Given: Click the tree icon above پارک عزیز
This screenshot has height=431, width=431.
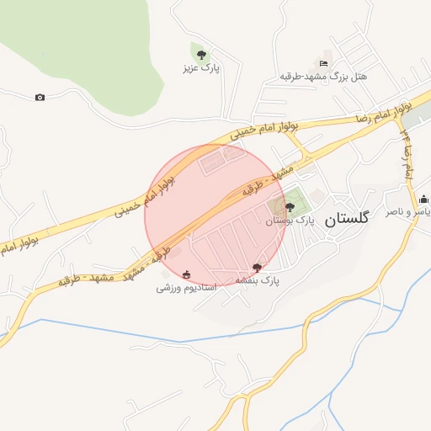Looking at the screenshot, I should click(200, 54).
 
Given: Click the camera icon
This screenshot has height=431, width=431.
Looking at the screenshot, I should click(40, 97).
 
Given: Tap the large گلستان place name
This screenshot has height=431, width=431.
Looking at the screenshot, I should click(346, 218).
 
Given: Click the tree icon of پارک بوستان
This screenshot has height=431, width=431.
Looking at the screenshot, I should click(290, 207).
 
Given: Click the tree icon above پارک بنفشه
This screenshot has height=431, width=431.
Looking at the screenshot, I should click(257, 267).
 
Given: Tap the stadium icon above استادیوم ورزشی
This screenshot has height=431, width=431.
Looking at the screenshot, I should click(186, 274).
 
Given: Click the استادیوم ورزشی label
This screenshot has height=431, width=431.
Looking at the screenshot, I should click(186, 288).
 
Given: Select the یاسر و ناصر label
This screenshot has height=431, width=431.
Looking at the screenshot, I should click(407, 212).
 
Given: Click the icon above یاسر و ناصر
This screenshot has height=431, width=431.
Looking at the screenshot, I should click(423, 200).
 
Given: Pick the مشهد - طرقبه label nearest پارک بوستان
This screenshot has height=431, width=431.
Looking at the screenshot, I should click(269, 180).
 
